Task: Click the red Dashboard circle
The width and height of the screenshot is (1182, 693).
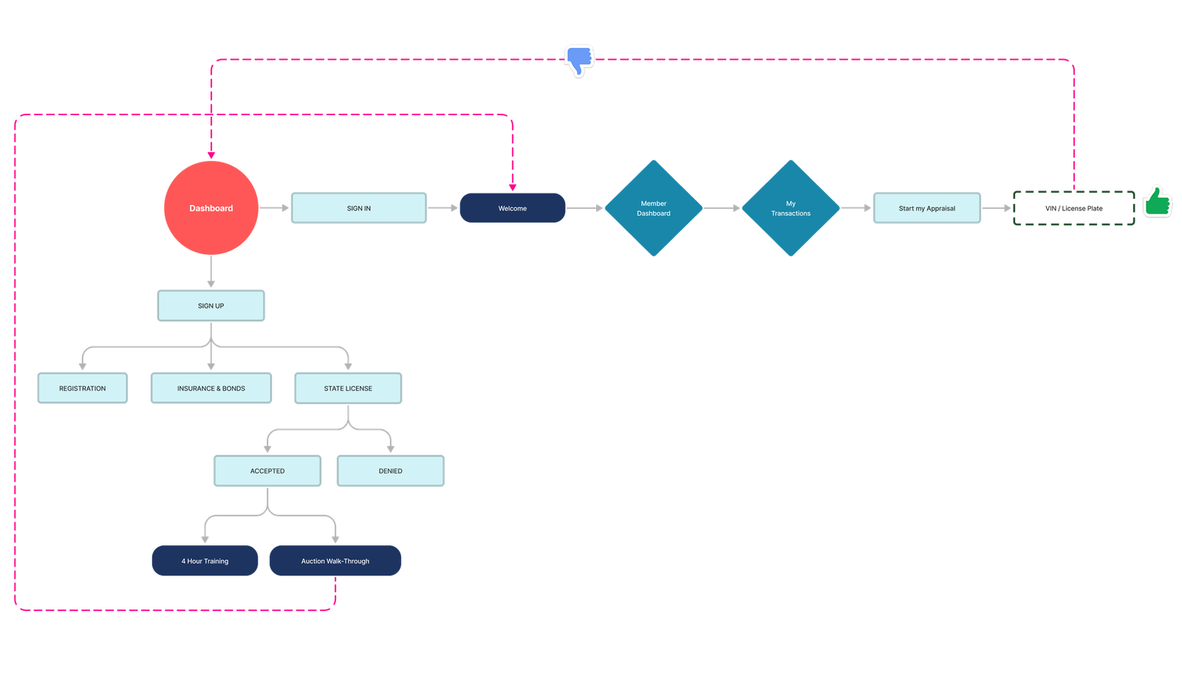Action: pyautogui.click(x=211, y=208)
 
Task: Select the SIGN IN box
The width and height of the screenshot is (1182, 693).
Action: pyautogui.click(x=358, y=208)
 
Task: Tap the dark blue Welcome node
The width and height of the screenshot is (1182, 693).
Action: pyautogui.click(x=512, y=208)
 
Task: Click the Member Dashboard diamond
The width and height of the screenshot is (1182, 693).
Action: pyautogui.click(x=653, y=208)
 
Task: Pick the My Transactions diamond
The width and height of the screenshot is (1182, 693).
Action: pyautogui.click(x=790, y=208)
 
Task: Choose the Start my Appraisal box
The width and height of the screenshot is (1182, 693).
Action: pyautogui.click(x=926, y=208)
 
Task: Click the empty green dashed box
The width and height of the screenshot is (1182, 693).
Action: pyautogui.click(x=1073, y=208)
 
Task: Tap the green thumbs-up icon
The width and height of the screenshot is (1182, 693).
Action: pyautogui.click(x=1157, y=201)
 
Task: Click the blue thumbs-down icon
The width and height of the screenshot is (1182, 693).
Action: pyautogui.click(x=579, y=60)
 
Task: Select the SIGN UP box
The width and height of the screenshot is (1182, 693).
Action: pyautogui.click(x=211, y=306)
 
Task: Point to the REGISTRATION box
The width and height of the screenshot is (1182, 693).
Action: pyautogui.click(x=82, y=389)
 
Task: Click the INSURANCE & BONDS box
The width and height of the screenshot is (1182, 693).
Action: pyautogui.click(x=211, y=389)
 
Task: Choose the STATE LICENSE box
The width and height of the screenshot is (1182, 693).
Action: pyautogui.click(x=348, y=389)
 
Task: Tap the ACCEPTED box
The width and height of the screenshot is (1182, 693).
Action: pyautogui.click(x=267, y=471)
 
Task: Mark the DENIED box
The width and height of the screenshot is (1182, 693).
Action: pyautogui.click(x=390, y=471)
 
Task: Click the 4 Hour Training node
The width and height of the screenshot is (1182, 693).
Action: pyautogui.click(x=205, y=561)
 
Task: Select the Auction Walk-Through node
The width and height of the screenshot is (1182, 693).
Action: pyautogui.click(x=335, y=561)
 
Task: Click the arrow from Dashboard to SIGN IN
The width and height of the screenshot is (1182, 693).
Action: pyautogui.click(x=274, y=208)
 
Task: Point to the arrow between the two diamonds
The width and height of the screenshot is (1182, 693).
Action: pyautogui.click(x=722, y=208)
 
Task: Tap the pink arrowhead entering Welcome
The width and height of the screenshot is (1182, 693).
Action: pyautogui.click(x=512, y=187)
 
